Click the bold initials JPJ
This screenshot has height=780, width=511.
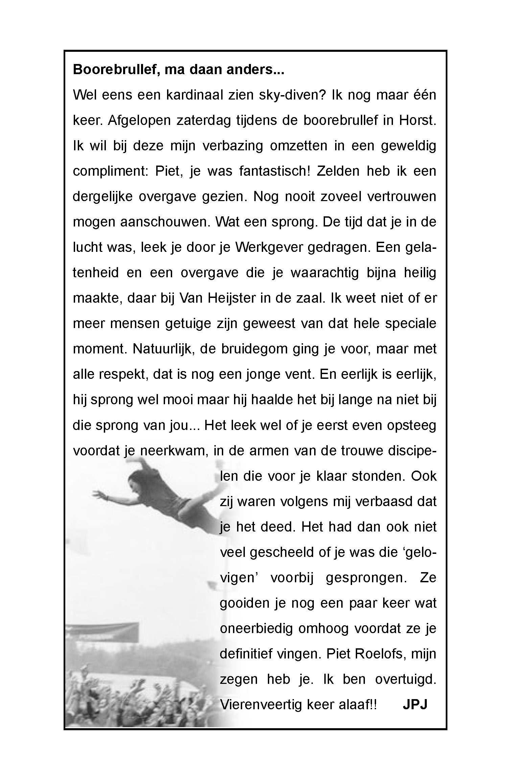pyautogui.click(x=415, y=705)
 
